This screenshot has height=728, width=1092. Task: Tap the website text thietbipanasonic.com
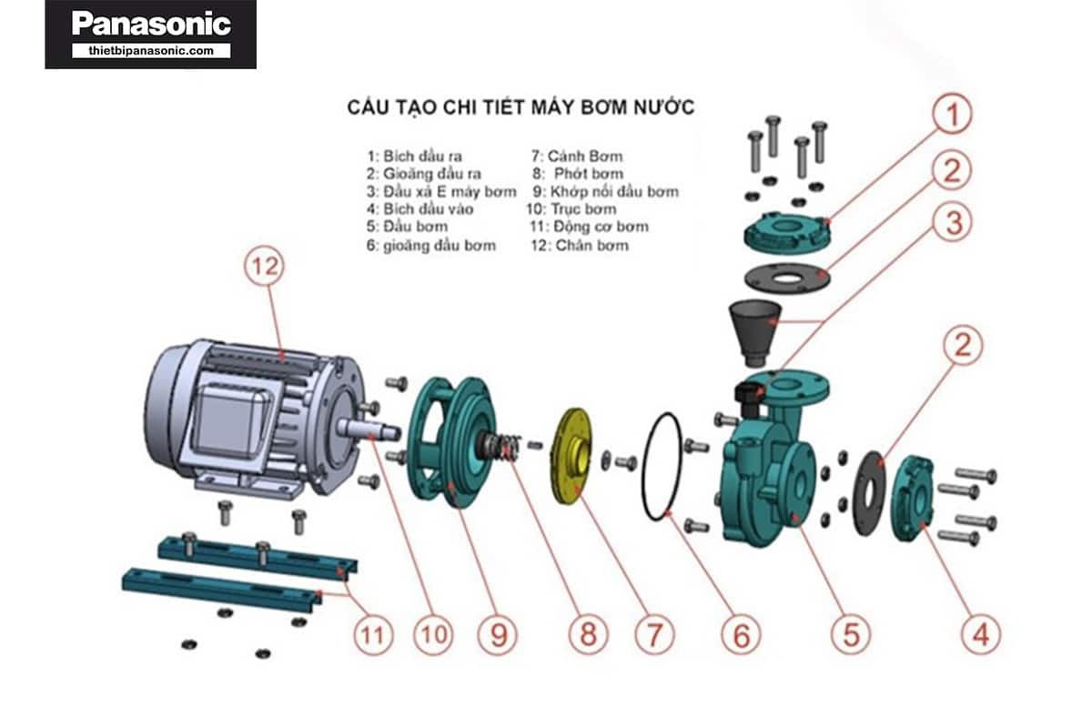[151, 51]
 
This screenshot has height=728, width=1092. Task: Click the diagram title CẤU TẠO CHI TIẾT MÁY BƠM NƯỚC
[521, 107]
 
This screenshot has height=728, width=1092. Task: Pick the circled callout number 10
[434, 634]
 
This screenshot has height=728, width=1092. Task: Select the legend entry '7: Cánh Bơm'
[578, 156]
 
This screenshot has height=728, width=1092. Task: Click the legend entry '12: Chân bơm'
[580, 245]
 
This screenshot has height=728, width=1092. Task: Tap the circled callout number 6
[742, 634]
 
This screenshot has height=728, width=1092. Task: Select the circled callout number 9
[498, 634]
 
